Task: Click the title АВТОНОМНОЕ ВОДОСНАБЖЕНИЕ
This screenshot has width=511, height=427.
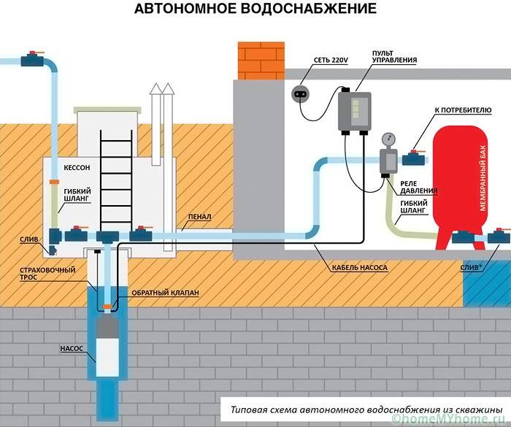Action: [255, 10]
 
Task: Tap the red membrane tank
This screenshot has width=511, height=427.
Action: [460, 182]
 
